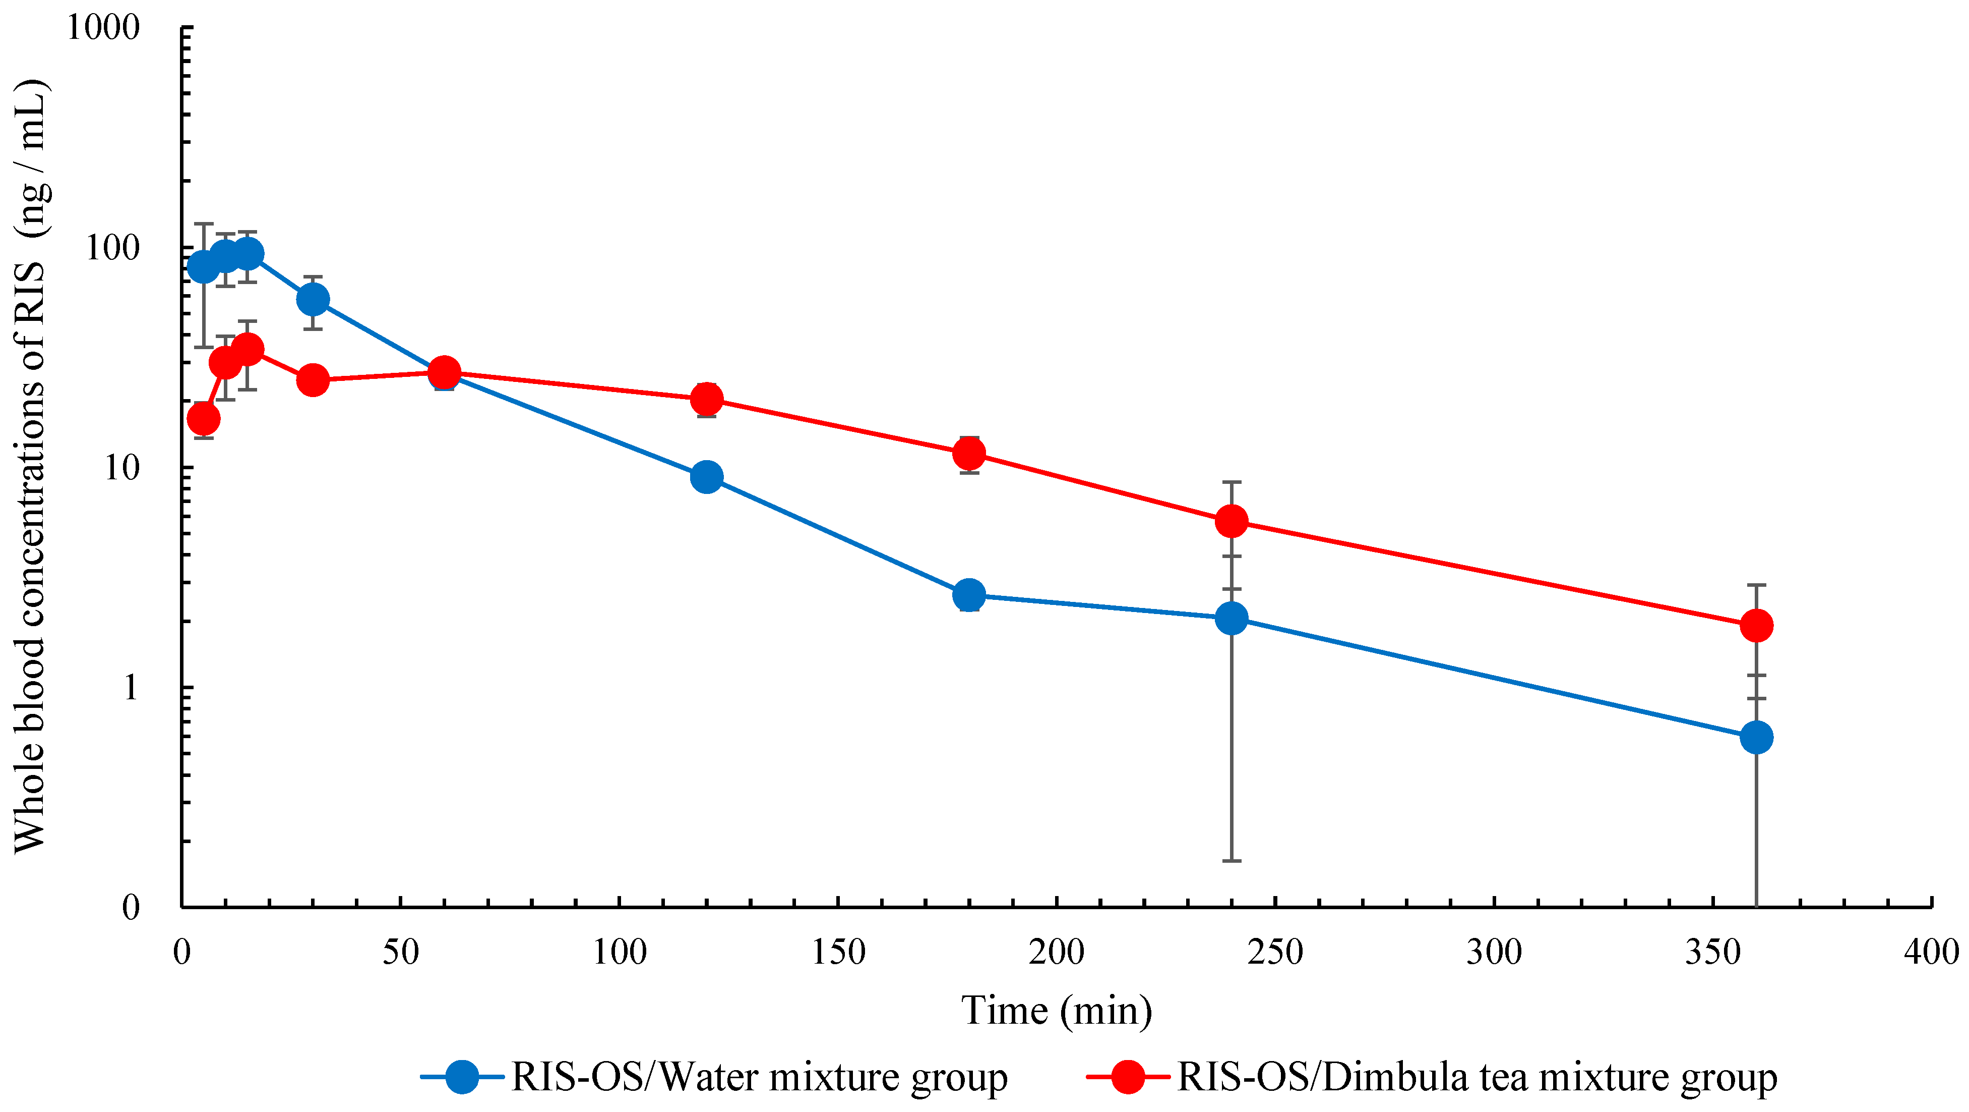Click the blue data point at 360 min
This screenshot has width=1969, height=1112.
point(1756,737)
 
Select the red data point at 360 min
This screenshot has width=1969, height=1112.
point(1756,626)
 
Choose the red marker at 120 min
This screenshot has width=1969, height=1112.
point(707,399)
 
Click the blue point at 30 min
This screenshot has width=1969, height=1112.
point(313,299)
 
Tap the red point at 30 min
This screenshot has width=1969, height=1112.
point(313,379)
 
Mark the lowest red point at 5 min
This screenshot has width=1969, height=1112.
point(203,418)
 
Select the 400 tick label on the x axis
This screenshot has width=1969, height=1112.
point(1931,952)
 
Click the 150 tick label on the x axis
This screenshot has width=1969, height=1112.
point(838,952)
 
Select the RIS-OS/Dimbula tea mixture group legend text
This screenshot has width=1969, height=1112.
point(1477,1077)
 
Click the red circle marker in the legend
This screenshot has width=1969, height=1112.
point(1128,1077)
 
